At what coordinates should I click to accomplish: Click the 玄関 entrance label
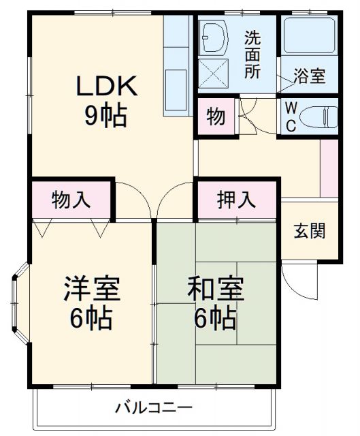pyautogui.click(x=309, y=231)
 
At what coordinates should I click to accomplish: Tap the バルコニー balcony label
pyautogui.click(x=153, y=409)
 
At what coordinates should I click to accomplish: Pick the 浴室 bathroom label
pyautogui.click(x=309, y=76)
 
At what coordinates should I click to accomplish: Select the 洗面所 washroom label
pyautogui.click(x=252, y=54)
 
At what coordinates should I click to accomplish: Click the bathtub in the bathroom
pyautogui.click(x=309, y=35)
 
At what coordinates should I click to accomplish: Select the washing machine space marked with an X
pyautogui.click(x=215, y=70)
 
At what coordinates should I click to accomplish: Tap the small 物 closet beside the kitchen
pyautogui.click(x=216, y=117)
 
